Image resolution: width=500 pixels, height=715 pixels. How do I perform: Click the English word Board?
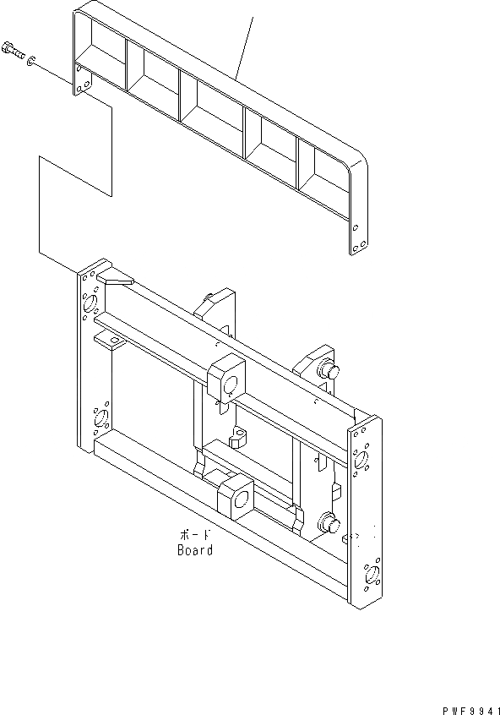[x=195, y=550]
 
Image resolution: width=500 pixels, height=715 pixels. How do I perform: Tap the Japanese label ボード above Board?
[x=195, y=536]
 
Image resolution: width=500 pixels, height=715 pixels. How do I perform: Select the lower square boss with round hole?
[x=236, y=497]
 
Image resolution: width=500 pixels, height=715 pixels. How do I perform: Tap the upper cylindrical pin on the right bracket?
[x=328, y=373]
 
